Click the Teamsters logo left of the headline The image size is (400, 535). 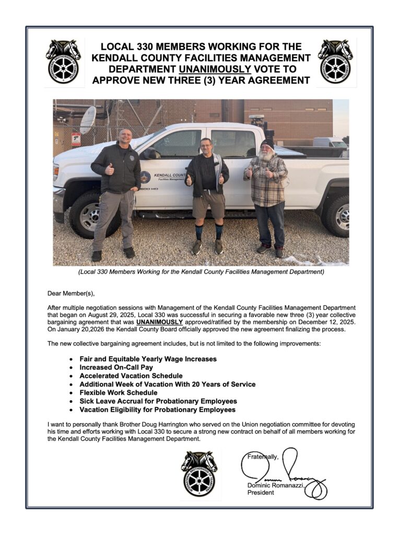point(63,62)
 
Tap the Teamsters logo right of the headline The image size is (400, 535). point(335,62)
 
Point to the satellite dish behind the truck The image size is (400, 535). point(88,120)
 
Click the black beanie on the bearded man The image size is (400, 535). point(267,143)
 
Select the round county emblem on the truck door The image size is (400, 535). point(145,177)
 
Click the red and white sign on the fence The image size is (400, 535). point(76,139)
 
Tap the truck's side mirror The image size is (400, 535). point(149,153)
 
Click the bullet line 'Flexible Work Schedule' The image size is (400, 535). point(119,392)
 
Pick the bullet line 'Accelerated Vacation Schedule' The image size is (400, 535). point(131,376)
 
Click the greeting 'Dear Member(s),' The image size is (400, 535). point(72,294)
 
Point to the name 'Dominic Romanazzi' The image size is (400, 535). point(275,485)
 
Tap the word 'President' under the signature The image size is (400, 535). point(261,493)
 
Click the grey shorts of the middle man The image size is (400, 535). point(208,204)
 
